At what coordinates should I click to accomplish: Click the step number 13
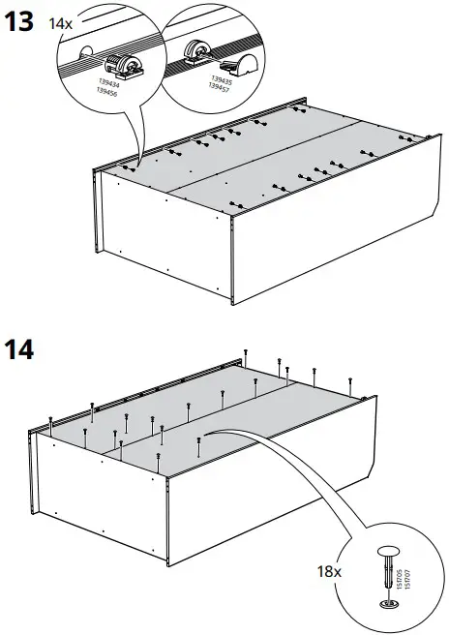(20, 21)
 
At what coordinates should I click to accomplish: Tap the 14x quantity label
(60, 21)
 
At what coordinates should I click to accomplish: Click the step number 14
(20, 348)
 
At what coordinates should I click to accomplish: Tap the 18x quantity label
(330, 572)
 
